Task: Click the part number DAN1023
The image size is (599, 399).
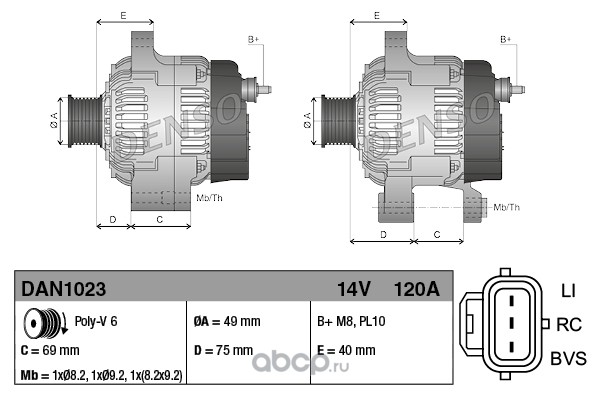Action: click(x=63, y=289)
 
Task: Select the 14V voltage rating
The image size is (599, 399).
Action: click(x=354, y=289)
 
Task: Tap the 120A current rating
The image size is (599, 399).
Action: click(x=416, y=289)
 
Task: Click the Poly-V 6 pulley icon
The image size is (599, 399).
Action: click(x=45, y=323)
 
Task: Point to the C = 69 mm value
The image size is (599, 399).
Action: click(x=50, y=350)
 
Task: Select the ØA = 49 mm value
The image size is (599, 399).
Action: click(x=227, y=321)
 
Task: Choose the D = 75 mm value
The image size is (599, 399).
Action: click(x=223, y=350)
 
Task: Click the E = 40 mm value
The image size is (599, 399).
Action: click(x=346, y=350)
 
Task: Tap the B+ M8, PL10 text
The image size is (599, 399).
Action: click(x=351, y=321)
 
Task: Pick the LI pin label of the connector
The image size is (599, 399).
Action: click(x=568, y=291)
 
